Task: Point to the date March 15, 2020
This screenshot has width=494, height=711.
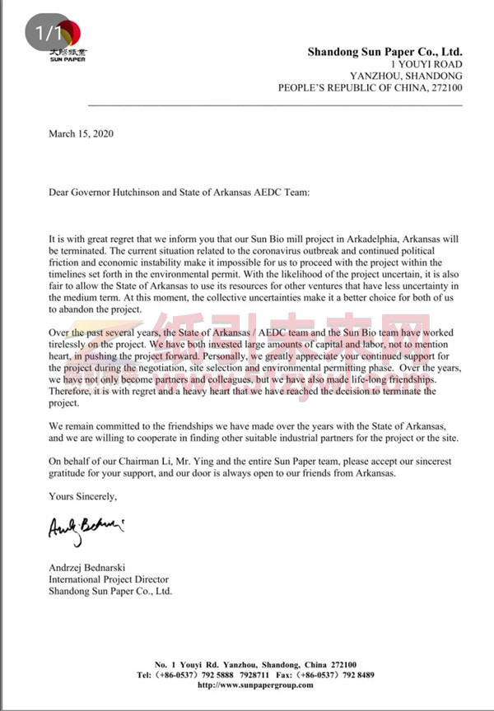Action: pos(82,132)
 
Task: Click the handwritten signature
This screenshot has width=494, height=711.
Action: pos(86,527)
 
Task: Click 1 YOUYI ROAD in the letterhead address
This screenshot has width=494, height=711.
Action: pos(426,64)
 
